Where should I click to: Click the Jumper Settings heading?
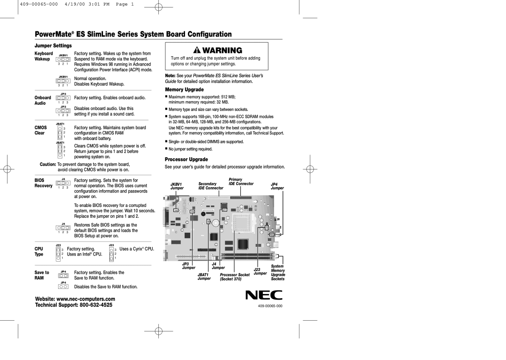click(x=52, y=46)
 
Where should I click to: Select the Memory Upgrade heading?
click(x=184, y=89)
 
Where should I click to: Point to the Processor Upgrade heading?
click(x=186, y=159)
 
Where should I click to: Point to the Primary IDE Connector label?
click(x=241, y=182)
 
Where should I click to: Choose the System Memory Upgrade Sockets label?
click(x=278, y=272)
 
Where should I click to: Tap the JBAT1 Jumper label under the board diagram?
click(x=204, y=276)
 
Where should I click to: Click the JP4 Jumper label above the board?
click(x=277, y=186)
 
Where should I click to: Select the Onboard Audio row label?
click(x=42, y=100)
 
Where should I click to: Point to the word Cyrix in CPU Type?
click(x=138, y=249)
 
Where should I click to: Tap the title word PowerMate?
click(x=51, y=34)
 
